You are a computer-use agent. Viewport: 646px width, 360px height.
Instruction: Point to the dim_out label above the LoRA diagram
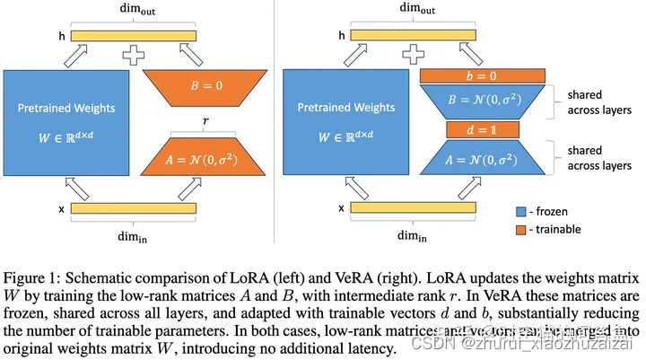pyautogui.click(x=135, y=8)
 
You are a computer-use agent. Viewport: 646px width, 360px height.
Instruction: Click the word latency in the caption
pyautogui.click(x=364, y=347)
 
